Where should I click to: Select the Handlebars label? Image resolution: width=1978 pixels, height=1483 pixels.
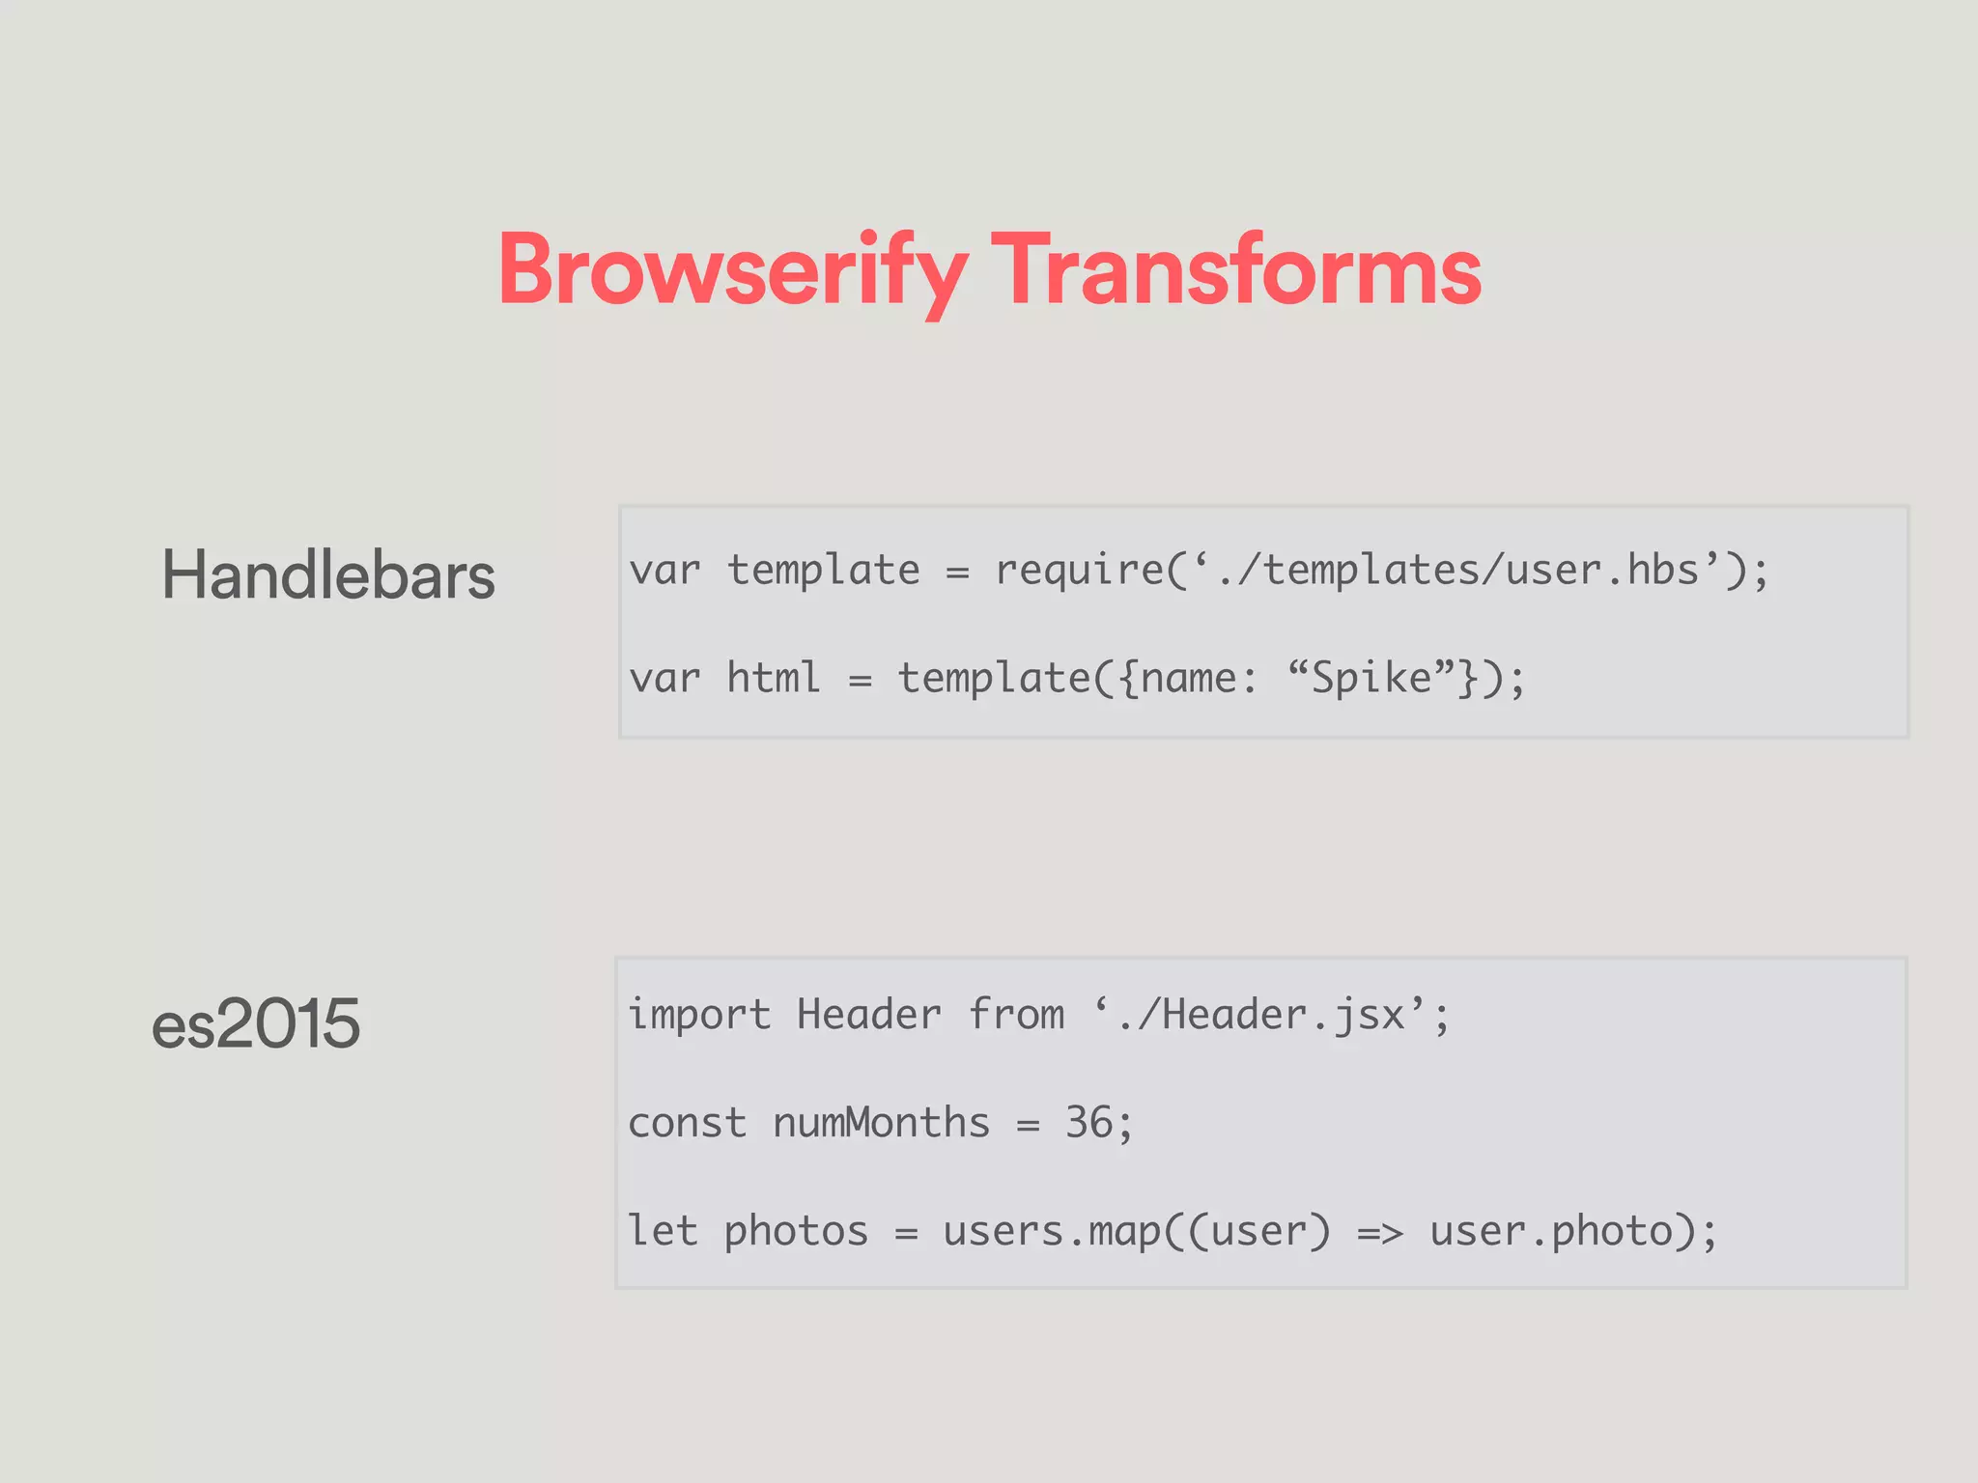[328, 575]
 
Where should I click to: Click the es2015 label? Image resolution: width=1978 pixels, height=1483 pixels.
[256, 1023]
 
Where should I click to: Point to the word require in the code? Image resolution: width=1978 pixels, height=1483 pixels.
[1080, 571]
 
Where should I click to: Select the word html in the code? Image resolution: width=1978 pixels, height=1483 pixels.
[773, 678]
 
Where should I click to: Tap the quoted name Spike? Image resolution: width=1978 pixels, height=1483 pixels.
[1371, 678]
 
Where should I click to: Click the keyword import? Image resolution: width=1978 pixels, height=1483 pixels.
[699, 1016]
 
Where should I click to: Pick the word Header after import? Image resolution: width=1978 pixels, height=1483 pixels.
[868, 1016]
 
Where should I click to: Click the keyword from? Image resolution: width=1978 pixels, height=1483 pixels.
[1016, 1016]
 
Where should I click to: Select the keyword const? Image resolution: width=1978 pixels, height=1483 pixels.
[687, 1124]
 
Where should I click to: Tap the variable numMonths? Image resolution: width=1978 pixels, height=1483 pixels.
[881, 1124]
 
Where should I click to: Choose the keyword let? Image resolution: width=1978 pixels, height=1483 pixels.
[663, 1232]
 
